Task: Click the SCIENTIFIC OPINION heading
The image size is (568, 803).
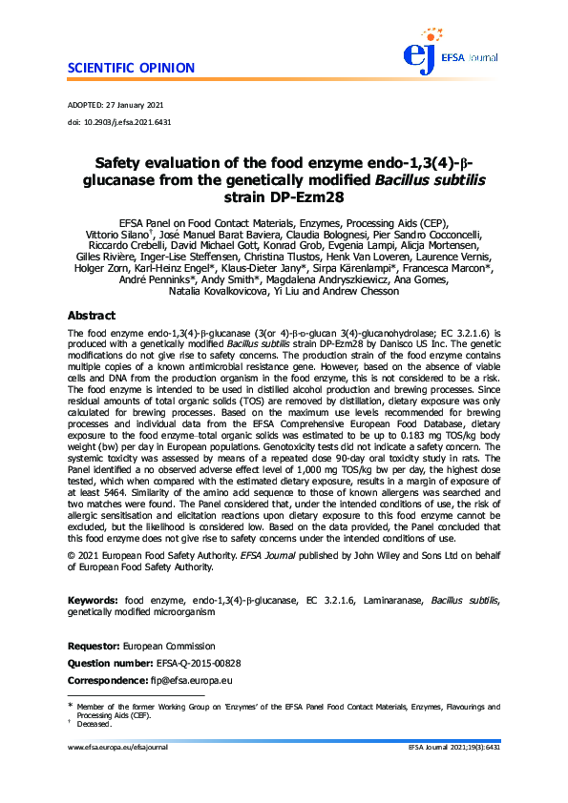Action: pyautogui.click(x=132, y=68)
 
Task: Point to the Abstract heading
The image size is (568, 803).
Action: pyautogui.click(x=92, y=315)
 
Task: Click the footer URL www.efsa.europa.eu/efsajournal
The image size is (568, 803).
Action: pyautogui.click(x=118, y=748)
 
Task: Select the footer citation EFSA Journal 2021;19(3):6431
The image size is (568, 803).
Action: pyautogui.click(x=453, y=748)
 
